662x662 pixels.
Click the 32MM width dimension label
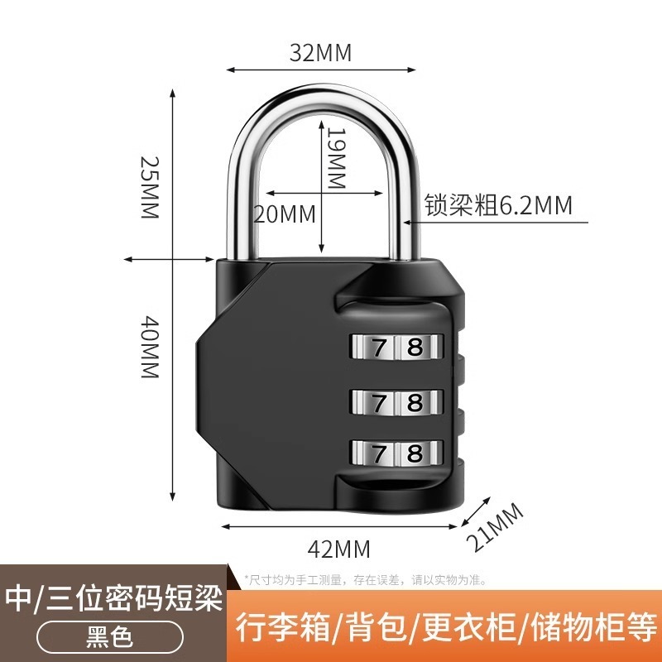320,53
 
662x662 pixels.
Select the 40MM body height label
148,347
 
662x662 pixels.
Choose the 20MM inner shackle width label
284,214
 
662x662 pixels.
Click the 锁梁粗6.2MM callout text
498,205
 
